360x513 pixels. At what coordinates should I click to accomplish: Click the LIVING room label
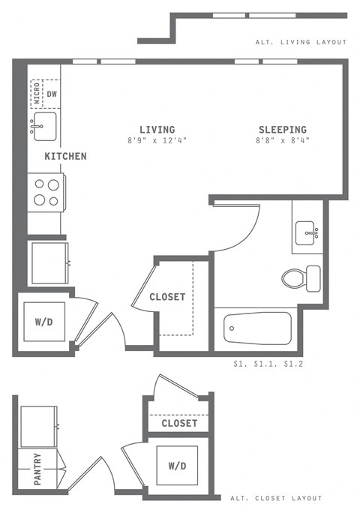click(x=157, y=129)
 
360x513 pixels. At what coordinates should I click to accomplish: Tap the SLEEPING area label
click(x=283, y=129)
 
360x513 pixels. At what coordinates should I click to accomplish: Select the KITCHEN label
click(x=65, y=157)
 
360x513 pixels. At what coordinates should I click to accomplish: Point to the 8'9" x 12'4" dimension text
click(x=157, y=140)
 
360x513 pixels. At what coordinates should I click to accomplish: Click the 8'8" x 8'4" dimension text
click(x=283, y=140)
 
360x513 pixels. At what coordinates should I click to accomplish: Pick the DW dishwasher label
click(x=52, y=94)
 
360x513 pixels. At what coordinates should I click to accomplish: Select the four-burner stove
click(x=46, y=192)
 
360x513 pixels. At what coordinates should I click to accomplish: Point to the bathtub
click(x=257, y=328)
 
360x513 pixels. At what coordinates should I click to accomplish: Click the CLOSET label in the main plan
click(x=167, y=297)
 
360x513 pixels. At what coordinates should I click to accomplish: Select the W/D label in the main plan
click(x=44, y=323)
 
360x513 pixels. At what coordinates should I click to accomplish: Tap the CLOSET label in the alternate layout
click(x=179, y=424)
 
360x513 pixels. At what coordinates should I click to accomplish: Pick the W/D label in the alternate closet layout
click(x=177, y=466)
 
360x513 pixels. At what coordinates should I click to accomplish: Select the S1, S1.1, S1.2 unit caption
click(x=268, y=364)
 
